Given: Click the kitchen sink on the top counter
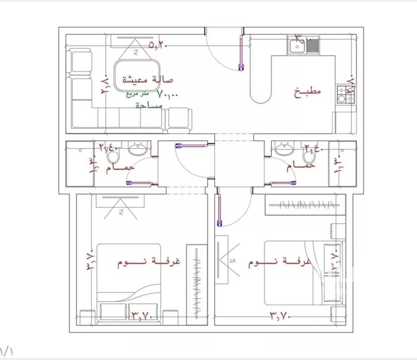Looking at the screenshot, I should [x=303, y=45].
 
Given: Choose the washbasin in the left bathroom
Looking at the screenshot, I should [x=137, y=149].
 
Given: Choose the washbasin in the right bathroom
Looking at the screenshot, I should [x=284, y=149].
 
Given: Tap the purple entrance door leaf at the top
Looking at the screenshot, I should [x=240, y=53].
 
